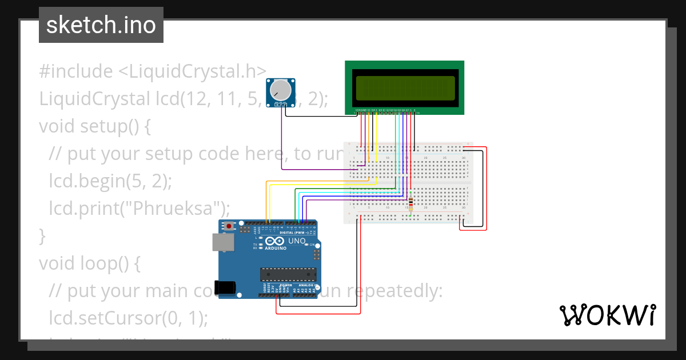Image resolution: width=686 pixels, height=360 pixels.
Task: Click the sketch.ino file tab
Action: (101, 25)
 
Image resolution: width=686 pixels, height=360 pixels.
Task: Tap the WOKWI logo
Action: (608, 315)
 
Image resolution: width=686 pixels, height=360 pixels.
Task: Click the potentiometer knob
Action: (280, 90)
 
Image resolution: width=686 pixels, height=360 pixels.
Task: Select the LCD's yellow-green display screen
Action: (405, 87)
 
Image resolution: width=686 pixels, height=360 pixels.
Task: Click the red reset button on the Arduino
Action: (230, 226)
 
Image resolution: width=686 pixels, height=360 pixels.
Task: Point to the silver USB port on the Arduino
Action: (222, 242)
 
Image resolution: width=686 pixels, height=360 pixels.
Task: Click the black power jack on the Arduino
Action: (224, 287)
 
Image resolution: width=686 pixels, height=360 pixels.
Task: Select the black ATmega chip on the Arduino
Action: (288, 274)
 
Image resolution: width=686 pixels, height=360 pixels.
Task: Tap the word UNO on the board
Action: (296, 241)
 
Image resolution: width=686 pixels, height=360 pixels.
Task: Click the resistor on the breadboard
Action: (411, 203)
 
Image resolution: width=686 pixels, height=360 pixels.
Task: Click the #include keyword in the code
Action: (76, 71)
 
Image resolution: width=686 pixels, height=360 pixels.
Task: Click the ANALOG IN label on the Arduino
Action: (307, 285)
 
